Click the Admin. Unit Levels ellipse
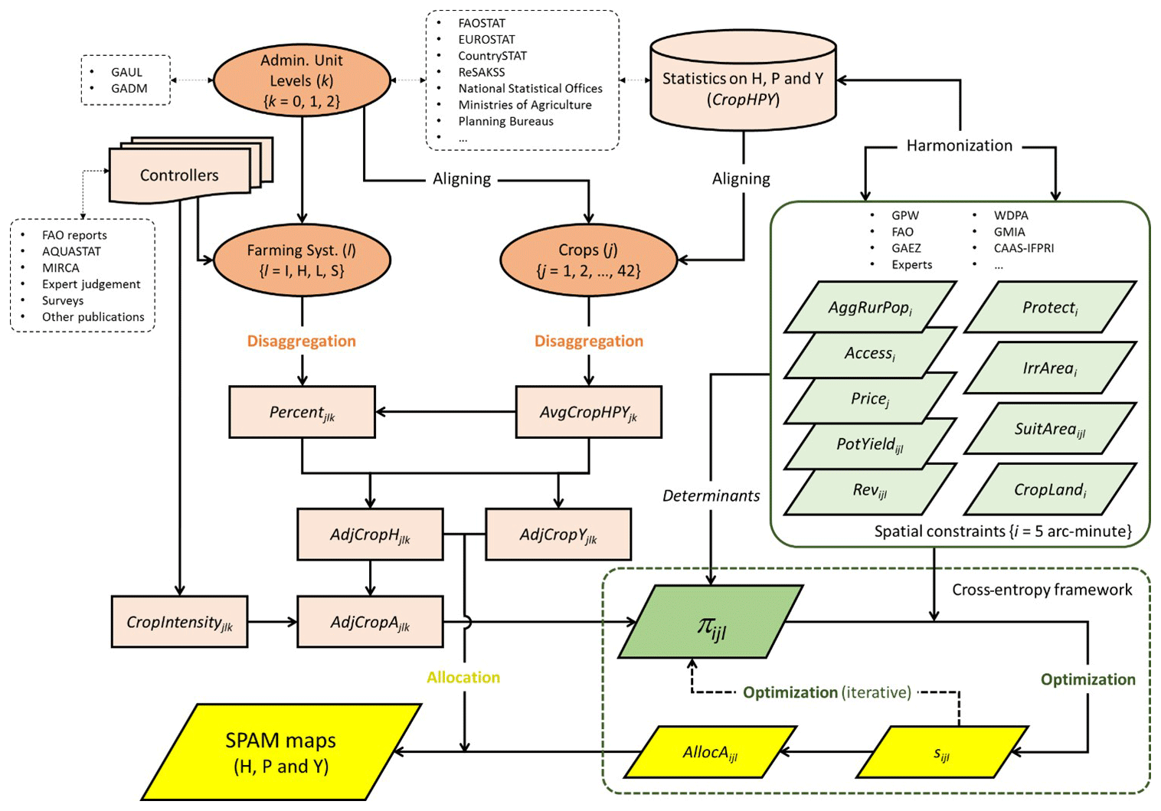(302, 80)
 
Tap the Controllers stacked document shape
(179, 175)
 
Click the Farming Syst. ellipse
(302, 260)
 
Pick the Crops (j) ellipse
(588, 260)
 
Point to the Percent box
(302, 412)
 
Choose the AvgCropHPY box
(588, 412)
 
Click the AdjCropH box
(370, 535)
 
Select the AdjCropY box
(558, 535)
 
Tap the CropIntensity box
(179, 622)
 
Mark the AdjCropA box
(370, 622)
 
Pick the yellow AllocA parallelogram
(710, 752)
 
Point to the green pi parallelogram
(710, 622)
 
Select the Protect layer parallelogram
(1050, 307)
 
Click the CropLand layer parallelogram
(1050, 489)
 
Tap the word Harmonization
(959, 146)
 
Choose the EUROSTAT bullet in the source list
(486, 39)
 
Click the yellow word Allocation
(463, 677)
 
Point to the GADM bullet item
(129, 88)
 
